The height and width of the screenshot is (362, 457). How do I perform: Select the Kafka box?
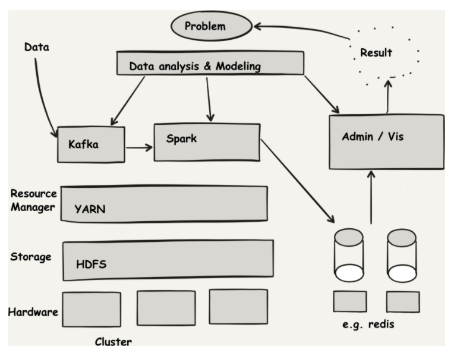(91, 144)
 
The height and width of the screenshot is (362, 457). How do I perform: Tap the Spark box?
(206, 142)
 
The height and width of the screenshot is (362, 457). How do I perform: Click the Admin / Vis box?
(386, 141)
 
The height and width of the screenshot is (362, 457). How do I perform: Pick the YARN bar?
(164, 204)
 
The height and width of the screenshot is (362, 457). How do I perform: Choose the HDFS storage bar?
(168, 260)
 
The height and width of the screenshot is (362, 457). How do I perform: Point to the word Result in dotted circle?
(376, 52)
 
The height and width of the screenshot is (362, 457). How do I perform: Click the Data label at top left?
(36, 45)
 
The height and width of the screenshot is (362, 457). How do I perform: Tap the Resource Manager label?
(33, 200)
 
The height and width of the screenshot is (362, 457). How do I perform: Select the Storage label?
(30, 257)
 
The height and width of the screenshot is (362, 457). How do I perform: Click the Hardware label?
(33, 311)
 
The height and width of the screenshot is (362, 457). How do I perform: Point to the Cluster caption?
(113, 342)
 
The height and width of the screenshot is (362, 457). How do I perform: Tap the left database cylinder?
(349, 256)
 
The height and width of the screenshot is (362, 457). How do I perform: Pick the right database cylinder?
(402, 256)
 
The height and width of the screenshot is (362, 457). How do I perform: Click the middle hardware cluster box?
(166, 307)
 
